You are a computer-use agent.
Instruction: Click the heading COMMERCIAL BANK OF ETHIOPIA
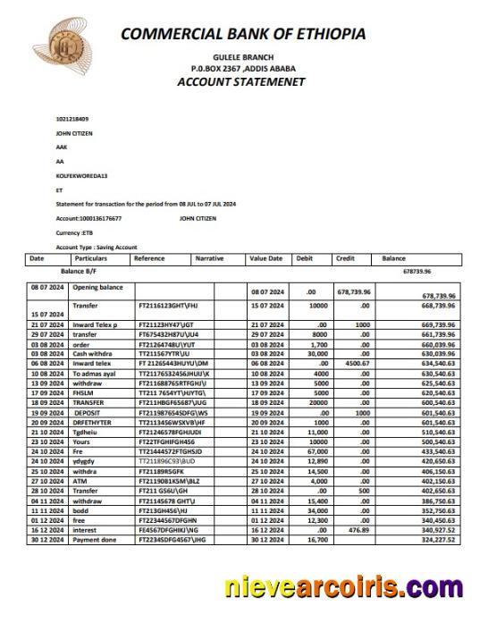point(242,34)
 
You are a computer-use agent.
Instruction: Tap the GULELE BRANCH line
point(243,56)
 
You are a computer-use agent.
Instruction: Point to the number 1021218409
point(72,119)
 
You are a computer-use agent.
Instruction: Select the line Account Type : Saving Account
point(96,246)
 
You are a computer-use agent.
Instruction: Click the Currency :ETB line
point(75,232)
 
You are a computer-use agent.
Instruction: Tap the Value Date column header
point(265,258)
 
